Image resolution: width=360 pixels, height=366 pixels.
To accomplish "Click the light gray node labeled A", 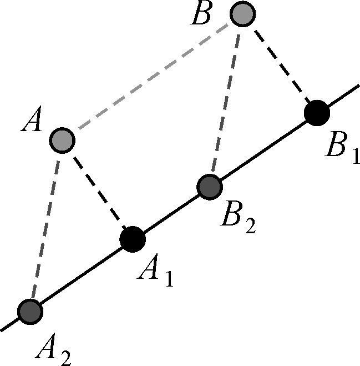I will (61, 139).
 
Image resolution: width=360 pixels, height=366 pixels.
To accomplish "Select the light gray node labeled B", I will (242, 14).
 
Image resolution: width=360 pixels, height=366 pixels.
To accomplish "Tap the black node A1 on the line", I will (133, 239).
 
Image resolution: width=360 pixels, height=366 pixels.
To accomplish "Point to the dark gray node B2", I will (210, 186).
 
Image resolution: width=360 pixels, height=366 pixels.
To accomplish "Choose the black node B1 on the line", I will (317, 112).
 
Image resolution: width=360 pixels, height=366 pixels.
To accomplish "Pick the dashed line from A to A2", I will (45, 225).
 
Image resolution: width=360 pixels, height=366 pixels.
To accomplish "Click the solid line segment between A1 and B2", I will (171, 213).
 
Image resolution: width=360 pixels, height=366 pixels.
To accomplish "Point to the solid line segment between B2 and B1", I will (263, 149).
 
